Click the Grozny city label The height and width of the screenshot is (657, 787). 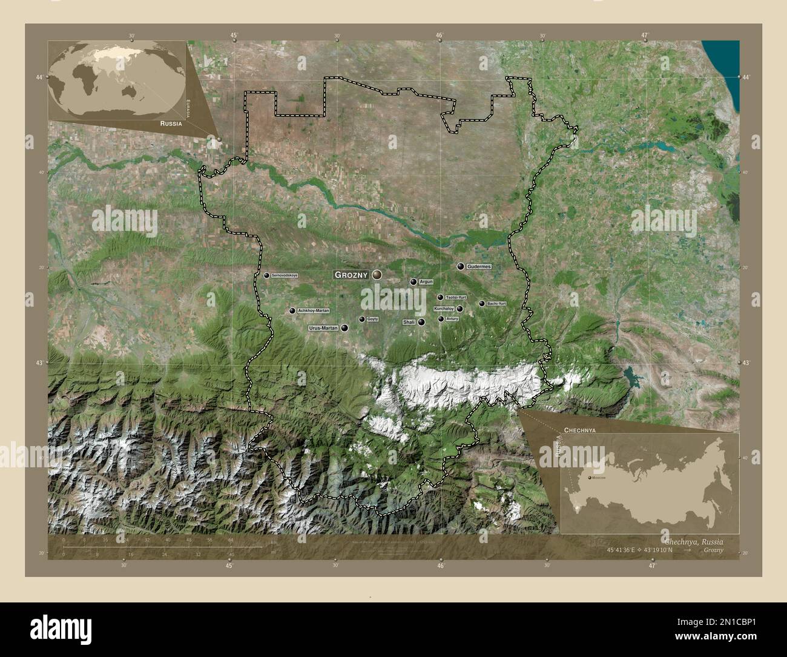pos(351,275)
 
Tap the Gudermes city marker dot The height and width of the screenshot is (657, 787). pos(461,266)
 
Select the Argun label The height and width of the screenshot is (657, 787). pos(426,282)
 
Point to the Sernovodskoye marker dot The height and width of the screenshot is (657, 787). pos(266,275)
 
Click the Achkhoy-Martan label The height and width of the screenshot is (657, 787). pos(314,311)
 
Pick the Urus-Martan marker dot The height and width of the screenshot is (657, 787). pos(345,328)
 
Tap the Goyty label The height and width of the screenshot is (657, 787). pos(373,319)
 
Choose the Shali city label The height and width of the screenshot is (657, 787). pos(409,322)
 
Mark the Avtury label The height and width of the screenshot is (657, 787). pos(452,319)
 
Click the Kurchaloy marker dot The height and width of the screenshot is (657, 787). pos(460,308)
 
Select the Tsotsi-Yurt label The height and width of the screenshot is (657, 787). pos(456,298)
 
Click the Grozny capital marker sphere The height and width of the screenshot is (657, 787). pos(377,275)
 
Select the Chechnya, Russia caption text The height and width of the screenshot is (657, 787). pos(693,541)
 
